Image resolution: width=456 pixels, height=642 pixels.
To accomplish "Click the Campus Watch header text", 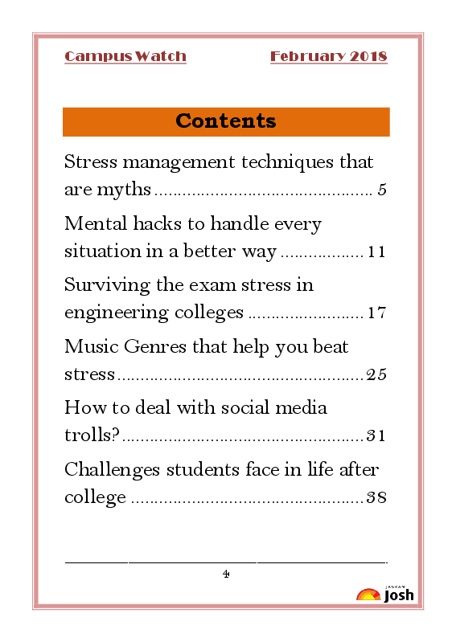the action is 125,56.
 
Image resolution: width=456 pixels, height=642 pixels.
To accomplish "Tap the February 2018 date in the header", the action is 328,56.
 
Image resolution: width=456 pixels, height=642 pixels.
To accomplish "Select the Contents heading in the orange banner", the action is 226,121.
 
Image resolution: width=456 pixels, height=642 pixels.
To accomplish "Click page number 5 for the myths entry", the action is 382,190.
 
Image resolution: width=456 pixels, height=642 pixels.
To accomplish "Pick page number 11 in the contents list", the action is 376,252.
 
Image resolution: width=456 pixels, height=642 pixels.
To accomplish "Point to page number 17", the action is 376,313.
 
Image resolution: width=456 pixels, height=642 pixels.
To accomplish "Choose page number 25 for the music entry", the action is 376,374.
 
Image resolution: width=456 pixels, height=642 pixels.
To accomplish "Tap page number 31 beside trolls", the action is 376,436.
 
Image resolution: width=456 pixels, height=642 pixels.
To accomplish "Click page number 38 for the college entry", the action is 376,497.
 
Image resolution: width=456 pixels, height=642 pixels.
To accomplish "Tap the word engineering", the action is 116,313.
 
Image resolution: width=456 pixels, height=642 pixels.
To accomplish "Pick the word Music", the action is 92,346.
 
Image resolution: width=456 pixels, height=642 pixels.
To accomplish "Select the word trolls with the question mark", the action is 92,436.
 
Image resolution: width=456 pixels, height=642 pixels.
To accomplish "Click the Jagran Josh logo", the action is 386,594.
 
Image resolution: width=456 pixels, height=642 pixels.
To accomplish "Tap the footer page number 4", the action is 226,574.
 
